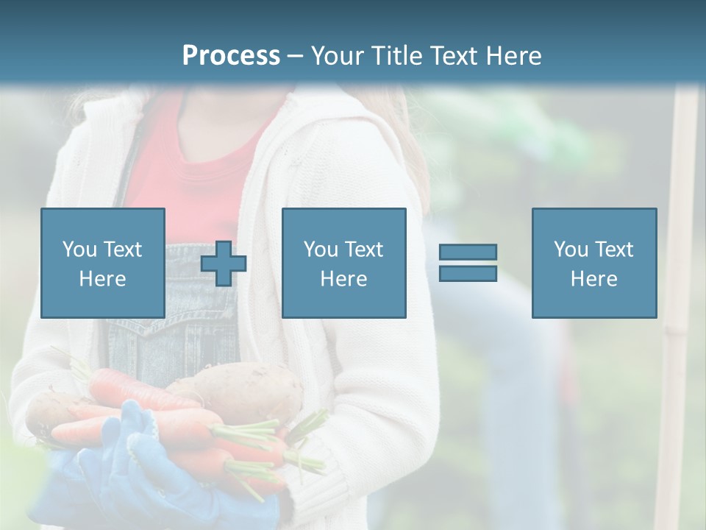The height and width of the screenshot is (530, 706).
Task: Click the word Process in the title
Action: (231, 56)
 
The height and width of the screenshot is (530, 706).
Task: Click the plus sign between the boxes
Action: (224, 264)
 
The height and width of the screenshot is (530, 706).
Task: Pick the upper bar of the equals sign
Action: (468, 252)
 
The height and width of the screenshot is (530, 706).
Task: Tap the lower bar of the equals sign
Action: (468, 273)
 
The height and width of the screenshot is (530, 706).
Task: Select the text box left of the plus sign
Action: (102, 263)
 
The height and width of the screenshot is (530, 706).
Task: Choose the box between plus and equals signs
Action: (343, 263)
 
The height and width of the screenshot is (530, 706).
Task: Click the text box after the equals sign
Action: (593, 263)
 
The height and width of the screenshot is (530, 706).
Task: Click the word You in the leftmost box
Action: (79, 249)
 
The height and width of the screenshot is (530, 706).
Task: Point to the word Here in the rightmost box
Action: (593, 278)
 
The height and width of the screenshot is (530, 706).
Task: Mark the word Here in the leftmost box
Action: (102, 278)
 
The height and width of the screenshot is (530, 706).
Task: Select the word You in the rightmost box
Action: (571, 249)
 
